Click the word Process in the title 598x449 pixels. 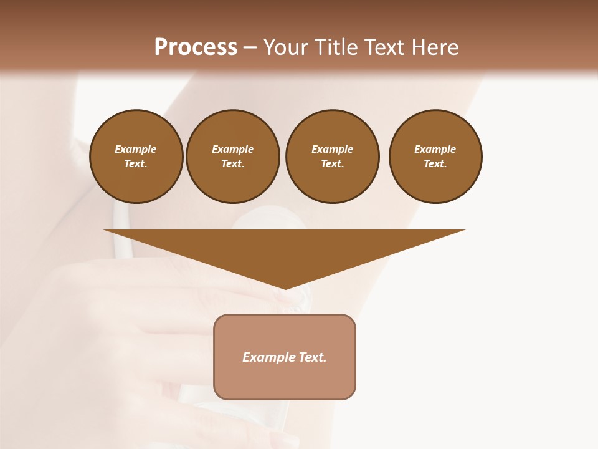196,47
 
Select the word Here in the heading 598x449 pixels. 434,47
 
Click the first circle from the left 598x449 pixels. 136,157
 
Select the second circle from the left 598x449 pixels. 233,157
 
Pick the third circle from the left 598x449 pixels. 332,157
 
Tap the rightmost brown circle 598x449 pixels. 435,157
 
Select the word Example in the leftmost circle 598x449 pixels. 136,149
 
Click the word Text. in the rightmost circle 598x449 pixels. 435,164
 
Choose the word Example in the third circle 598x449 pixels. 332,149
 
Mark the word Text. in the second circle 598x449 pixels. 233,164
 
